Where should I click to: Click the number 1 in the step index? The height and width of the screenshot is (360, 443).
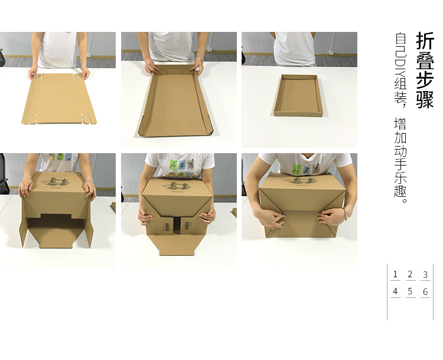click(x=395, y=274)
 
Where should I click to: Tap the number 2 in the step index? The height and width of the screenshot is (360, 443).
click(x=411, y=274)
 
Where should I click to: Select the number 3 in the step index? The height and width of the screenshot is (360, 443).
click(x=425, y=274)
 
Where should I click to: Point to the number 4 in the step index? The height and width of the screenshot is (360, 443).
click(x=395, y=291)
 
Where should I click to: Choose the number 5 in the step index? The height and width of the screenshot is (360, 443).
click(x=411, y=291)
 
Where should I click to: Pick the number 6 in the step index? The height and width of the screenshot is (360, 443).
click(x=425, y=291)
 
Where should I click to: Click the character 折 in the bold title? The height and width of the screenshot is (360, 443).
click(x=425, y=41)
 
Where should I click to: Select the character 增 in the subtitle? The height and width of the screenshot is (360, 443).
click(x=400, y=124)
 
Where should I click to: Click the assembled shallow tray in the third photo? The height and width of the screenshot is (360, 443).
click(x=298, y=95)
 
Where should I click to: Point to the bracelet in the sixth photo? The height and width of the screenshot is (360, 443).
click(x=345, y=213)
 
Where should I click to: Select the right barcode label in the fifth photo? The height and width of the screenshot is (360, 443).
click(x=187, y=226)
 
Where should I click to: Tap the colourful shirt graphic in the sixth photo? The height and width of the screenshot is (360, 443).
click(x=307, y=168)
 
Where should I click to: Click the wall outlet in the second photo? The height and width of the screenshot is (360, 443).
click(x=210, y=49)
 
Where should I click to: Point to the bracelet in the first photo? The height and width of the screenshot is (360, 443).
click(x=84, y=68)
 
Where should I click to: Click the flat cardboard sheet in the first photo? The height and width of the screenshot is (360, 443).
click(x=59, y=98)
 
